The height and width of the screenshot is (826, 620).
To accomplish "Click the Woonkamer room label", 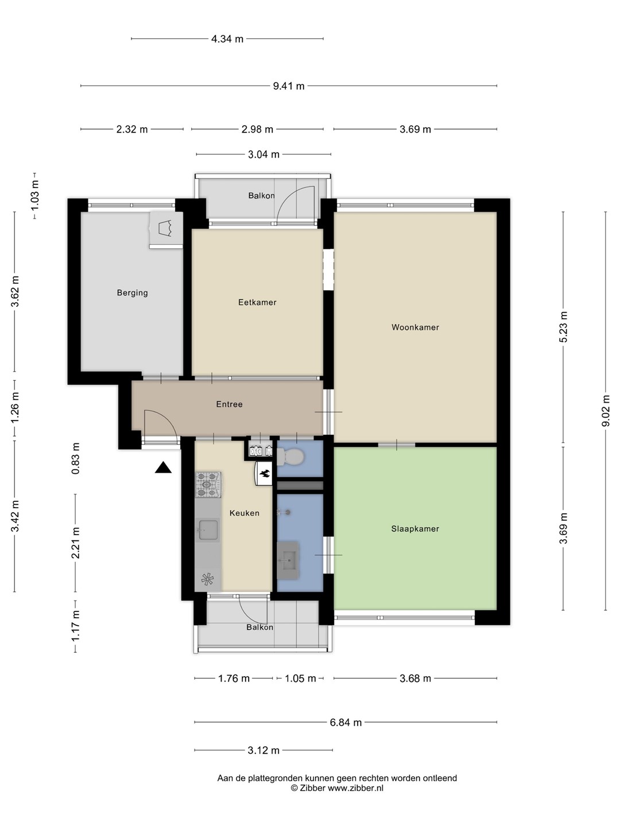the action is [x=415, y=328].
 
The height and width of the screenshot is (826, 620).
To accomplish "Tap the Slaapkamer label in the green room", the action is [x=415, y=529].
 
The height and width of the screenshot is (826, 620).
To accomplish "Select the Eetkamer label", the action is [x=257, y=302].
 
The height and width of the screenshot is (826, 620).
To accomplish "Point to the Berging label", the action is [x=132, y=293].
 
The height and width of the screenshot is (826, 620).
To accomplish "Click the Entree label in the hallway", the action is [x=229, y=404].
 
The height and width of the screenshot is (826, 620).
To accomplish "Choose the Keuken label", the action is [x=245, y=513].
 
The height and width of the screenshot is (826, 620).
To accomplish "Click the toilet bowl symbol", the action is [x=290, y=457].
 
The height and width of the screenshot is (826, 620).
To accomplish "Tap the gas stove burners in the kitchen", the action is [x=208, y=485].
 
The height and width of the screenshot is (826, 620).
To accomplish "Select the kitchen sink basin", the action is [x=208, y=530].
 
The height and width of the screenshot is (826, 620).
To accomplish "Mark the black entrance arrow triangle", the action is [x=163, y=467].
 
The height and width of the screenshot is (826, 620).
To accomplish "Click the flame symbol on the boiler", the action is [x=265, y=474].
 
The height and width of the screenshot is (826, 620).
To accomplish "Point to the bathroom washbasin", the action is [x=288, y=560].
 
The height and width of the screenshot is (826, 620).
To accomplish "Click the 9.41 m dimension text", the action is [x=289, y=86].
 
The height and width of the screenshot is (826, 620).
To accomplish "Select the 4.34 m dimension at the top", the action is [x=227, y=39].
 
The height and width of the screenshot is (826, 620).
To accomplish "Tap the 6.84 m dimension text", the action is [x=346, y=722].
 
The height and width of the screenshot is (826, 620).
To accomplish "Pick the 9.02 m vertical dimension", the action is [x=605, y=411].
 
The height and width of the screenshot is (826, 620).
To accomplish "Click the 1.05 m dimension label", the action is [x=300, y=679].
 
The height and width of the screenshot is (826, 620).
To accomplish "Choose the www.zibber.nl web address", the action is [x=356, y=788].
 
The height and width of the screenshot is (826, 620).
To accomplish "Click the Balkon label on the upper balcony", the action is [x=261, y=196].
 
